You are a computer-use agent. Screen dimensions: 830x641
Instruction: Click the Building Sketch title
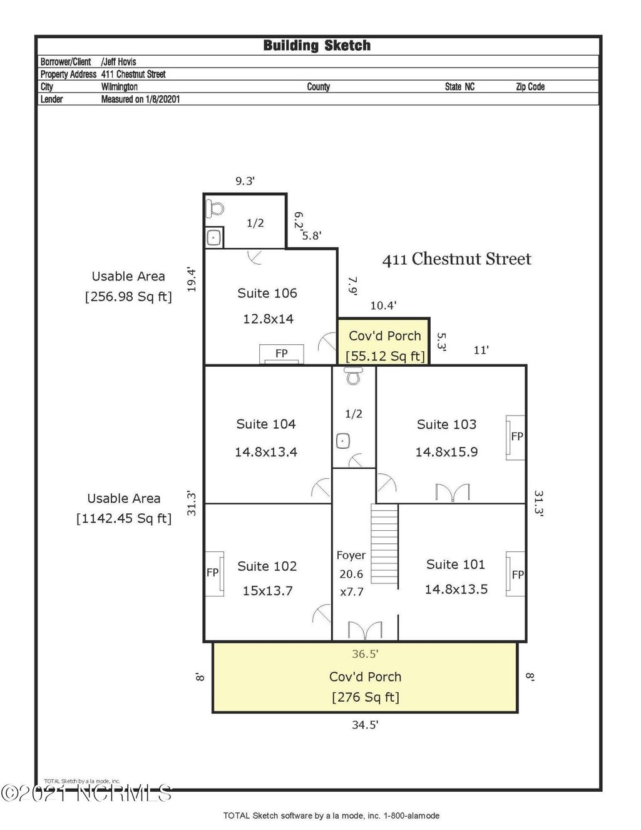pyautogui.click(x=317, y=46)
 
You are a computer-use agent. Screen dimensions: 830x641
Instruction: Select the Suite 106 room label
pyautogui.click(x=267, y=293)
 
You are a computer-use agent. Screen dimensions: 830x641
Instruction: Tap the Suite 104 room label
pyautogui.click(x=266, y=424)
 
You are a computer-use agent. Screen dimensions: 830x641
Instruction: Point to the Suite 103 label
pyautogui.click(x=446, y=424)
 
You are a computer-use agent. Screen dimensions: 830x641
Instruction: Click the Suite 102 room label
pyautogui.click(x=267, y=566)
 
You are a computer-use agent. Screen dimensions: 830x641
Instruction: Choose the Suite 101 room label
pyautogui.click(x=456, y=564)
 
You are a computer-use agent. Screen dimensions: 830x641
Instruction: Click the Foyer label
pyautogui.click(x=351, y=555)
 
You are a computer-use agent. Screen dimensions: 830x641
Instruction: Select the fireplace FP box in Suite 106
pyautogui.click(x=282, y=354)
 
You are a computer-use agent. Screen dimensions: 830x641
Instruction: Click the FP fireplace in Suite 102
pyautogui.click(x=213, y=573)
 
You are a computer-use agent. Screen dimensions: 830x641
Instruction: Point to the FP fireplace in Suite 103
pyautogui.click(x=516, y=437)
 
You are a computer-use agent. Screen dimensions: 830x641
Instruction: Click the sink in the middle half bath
pyautogui.click(x=343, y=441)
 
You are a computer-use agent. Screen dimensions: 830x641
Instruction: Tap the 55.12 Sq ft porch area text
pyautogui.click(x=385, y=356)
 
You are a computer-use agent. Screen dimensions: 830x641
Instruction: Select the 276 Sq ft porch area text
pyautogui.click(x=366, y=697)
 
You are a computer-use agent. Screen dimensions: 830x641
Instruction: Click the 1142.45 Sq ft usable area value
pyautogui.click(x=124, y=518)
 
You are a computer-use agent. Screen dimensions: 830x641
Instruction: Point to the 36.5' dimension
pyautogui.click(x=365, y=654)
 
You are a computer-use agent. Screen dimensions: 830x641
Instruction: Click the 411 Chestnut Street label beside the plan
pyautogui.click(x=456, y=259)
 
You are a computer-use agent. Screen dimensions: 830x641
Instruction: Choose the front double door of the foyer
pyautogui.click(x=365, y=630)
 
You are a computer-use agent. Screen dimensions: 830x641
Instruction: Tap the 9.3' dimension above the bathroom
pyautogui.click(x=245, y=181)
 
